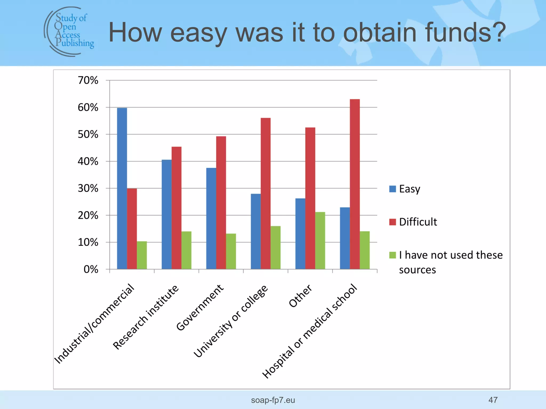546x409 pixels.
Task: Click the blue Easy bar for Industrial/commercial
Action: click(122, 188)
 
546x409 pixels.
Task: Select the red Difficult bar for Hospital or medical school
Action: click(355, 184)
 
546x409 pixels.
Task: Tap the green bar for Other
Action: click(320, 240)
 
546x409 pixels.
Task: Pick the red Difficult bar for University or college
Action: click(266, 193)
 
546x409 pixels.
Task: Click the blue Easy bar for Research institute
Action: click(167, 214)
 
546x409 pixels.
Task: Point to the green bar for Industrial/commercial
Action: click(142, 255)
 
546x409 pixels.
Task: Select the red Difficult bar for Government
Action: click(221, 203)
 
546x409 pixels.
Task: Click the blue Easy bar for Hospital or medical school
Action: click(345, 238)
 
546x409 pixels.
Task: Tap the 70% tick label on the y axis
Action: click(88, 80)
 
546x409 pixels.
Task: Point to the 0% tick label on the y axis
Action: click(91, 269)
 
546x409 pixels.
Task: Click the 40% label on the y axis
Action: click(88, 161)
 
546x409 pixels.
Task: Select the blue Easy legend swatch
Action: click(392, 189)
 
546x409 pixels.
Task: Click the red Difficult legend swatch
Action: click(392, 222)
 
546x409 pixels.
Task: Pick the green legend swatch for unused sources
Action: click(392, 255)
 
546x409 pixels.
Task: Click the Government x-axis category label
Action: click(200, 308)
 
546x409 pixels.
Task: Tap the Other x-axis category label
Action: click(300, 296)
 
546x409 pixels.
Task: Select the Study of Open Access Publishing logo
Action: click(69, 31)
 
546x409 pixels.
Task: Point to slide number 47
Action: click(493, 400)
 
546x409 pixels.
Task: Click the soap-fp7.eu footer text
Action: click(273, 400)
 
